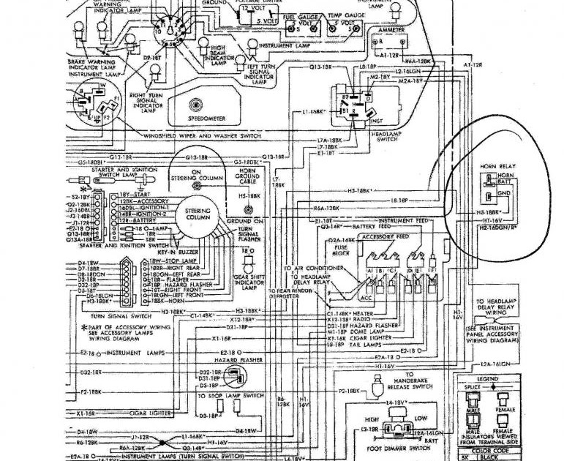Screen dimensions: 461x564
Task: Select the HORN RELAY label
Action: [x=497, y=167]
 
